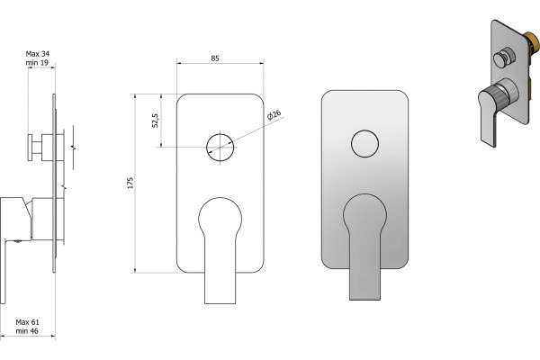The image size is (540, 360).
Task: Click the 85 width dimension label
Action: [215, 58]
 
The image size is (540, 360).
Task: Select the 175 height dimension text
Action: [130, 183]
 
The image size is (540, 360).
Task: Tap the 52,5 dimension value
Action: [156, 121]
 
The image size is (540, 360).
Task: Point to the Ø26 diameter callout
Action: [274, 114]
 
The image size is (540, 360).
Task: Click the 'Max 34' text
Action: [38, 54]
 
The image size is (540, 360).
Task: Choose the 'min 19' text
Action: [37, 63]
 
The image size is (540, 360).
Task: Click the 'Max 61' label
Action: [28, 322]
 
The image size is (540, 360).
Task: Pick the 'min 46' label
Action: [27, 331]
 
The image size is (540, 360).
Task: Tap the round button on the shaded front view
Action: [365, 144]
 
